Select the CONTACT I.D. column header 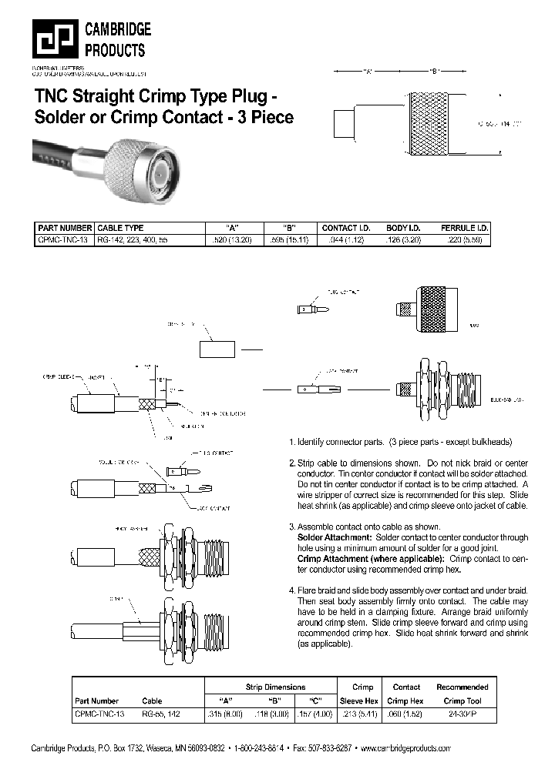point(346,228)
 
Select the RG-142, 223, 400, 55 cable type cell point(132,240)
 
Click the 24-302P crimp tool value point(462,714)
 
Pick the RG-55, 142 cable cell point(162,714)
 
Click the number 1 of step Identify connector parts point(291,443)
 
